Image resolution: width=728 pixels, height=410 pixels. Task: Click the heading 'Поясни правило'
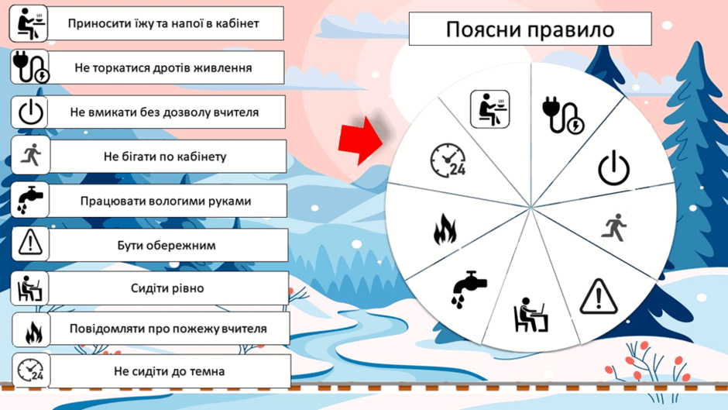pyautogui.click(x=530, y=29)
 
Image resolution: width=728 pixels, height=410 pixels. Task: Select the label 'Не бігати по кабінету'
pyautogui.click(x=165, y=157)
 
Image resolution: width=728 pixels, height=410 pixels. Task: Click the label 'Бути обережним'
pyautogui.click(x=167, y=246)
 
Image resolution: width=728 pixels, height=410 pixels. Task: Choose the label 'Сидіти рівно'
pyautogui.click(x=167, y=288)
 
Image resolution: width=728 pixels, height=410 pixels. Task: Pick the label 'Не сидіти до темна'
pyautogui.click(x=169, y=371)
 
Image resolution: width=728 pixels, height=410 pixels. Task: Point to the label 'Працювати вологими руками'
pyautogui.click(x=166, y=202)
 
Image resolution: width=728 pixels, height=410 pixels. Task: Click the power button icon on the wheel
pyautogui.click(x=614, y=168)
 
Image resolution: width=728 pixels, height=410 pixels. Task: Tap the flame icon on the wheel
pyautogui.click(x=445, y=229)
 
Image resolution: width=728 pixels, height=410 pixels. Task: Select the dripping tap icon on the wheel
pyautogui.click(x=469, y=289)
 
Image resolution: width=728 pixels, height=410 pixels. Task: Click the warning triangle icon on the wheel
pyautogui.click(x=599, y=296)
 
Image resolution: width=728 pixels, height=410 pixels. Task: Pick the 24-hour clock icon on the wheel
pyautogui.click(x=448, y=160)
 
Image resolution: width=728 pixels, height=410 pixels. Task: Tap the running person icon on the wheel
pyautogui.click(x=614, y=227)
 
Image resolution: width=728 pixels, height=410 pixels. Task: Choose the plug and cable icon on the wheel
pyautogui.click(x=563, y=115)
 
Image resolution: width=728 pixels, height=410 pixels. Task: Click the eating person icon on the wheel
pyautogui.click(x=489, y=109)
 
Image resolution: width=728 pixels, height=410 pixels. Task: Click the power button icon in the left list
pyautogui.click(x=31, y=112)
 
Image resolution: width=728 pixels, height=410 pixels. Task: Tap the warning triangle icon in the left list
pyautogui.click(x=30, y=243)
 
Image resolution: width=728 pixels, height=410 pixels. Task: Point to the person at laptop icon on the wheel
pyautogui.click(x=531, y=315)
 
